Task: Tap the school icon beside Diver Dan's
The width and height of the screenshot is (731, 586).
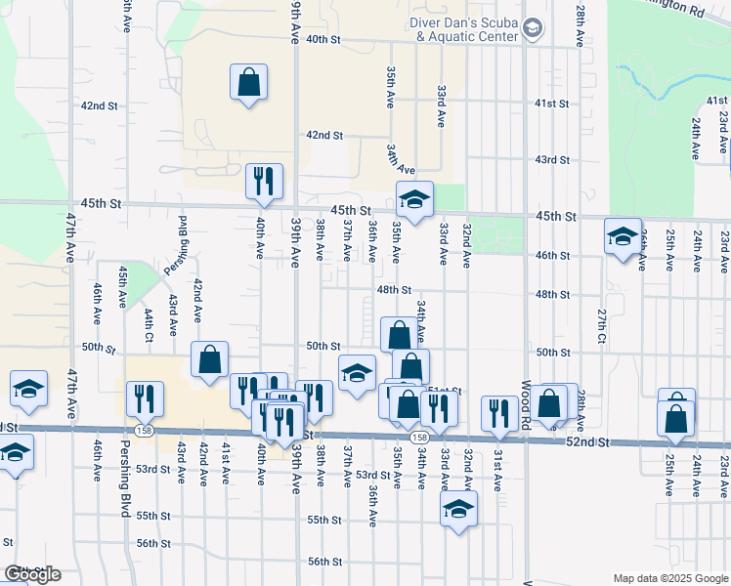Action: coord(533,29)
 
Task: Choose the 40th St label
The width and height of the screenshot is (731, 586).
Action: coord(322,40)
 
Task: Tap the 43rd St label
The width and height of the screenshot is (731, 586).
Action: coord(552,159)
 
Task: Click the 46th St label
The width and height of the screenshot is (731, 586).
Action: coord(552,255)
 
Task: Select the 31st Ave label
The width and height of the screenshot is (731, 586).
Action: coord(497,470)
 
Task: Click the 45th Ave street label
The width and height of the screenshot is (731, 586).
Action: coord(123,283)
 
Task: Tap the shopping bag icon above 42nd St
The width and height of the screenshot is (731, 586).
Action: coord(249,82)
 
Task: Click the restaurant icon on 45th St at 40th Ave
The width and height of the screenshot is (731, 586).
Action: coord(264,181)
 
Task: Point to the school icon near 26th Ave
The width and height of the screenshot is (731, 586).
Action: coord(623,236)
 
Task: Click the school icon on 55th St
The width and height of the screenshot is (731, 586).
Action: coord(458,508)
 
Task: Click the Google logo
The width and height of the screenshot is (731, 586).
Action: coord(31,574)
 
